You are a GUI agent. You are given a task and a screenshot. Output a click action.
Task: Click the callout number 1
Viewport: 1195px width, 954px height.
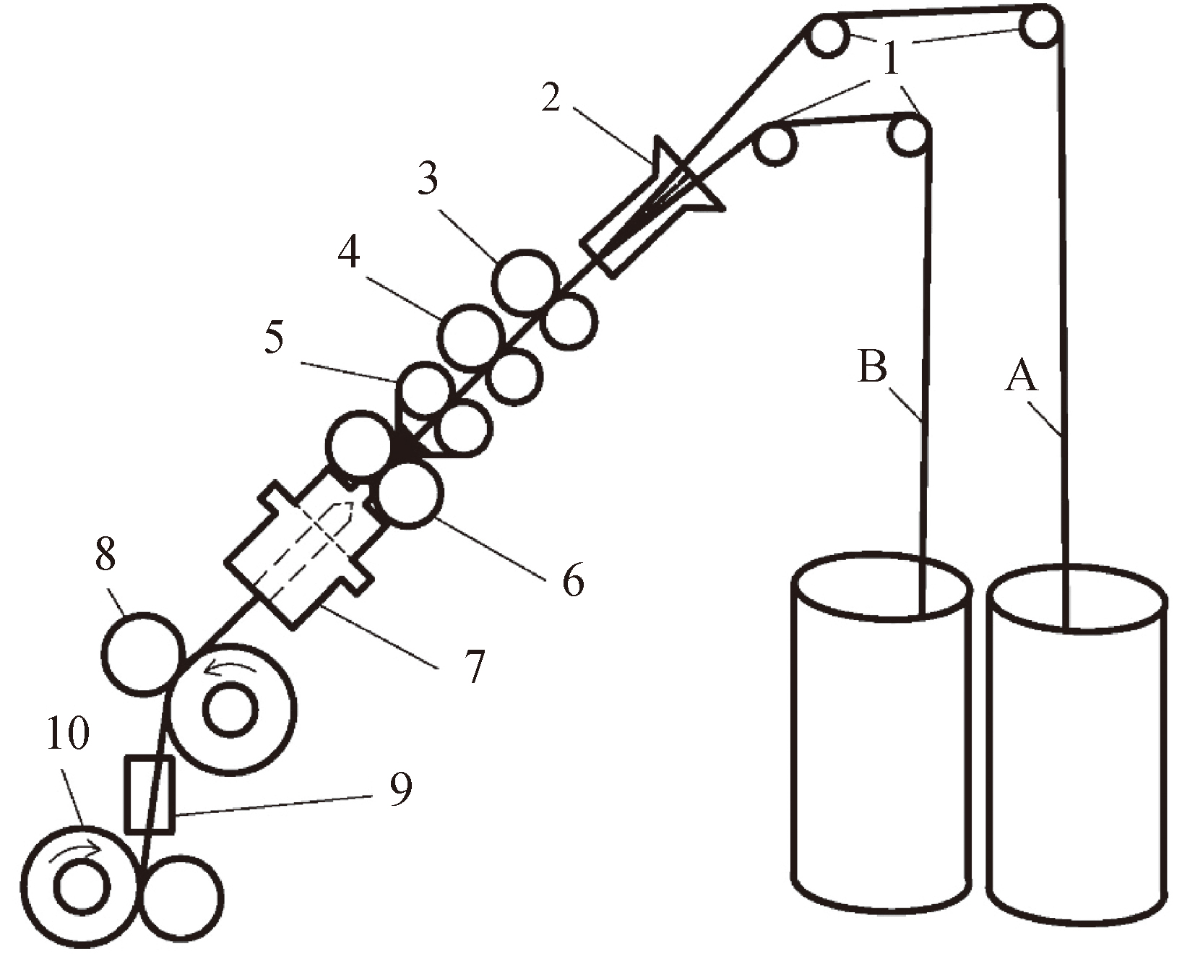[x=892, y=58]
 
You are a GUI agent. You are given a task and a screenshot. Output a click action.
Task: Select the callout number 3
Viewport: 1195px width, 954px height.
[x=428, y=177]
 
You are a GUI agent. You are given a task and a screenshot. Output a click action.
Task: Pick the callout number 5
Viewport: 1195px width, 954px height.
[x=274, y=337]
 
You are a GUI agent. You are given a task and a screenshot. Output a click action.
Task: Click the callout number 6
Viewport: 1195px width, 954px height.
[x=573, y=580]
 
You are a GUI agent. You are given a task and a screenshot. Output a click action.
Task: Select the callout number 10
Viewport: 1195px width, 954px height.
[x=68, y=734]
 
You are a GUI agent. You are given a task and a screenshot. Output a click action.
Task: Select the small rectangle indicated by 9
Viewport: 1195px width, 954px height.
[x=150, y=794]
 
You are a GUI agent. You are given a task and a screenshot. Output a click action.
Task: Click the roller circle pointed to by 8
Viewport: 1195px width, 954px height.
[x=142, y=654]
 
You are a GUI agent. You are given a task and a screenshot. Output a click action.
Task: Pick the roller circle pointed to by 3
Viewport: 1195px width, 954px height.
[x=526, y=283]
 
